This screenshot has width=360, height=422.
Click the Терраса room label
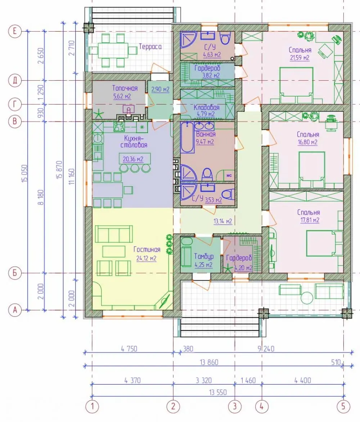coord(150,47)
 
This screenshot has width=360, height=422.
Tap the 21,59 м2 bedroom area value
coord(300,58)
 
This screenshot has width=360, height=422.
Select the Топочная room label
coord(125,88)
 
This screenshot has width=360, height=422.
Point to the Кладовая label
coord(207,107)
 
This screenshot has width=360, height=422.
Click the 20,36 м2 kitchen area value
coord(133,159)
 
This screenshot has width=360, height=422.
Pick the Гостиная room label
coord(147,250)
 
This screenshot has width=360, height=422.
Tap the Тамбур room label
coord(204,256)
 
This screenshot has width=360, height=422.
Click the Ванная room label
coord(206,134)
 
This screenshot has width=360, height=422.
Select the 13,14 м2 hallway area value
coord(223,222)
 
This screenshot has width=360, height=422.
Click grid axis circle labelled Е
coord(15,31)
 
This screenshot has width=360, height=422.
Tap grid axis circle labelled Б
coord(15,273)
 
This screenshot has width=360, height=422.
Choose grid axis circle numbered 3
coord(234,406)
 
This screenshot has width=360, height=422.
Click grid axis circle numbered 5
coord(343,406)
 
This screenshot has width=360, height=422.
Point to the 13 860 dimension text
coord(209,362)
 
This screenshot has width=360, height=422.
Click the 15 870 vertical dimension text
coord(59,169)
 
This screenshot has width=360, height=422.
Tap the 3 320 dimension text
coord(203,381)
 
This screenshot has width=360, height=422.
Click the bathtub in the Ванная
coord(188,137)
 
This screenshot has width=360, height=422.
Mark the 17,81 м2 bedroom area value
coord(310,221)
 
